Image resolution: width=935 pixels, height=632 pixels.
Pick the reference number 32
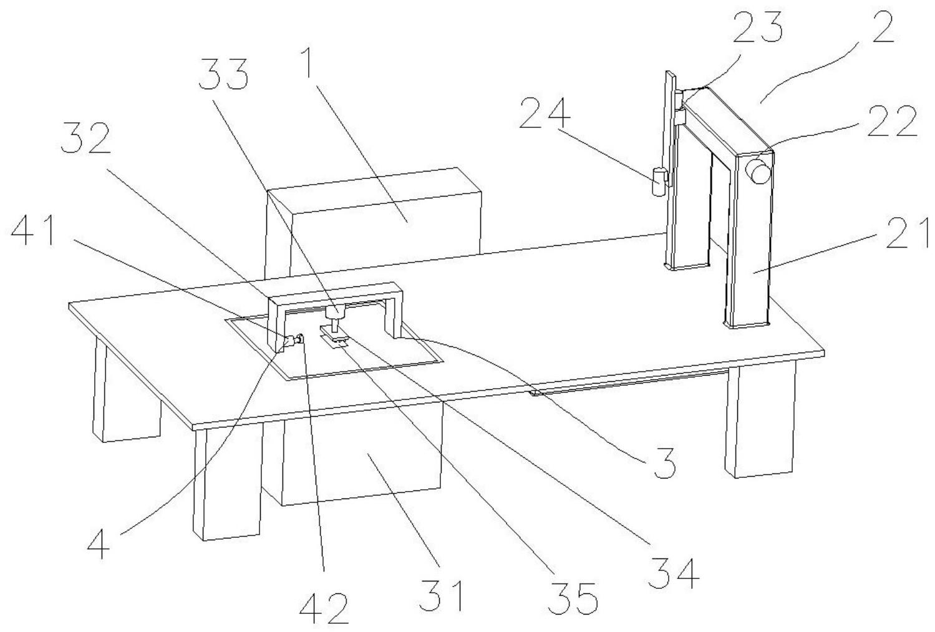[86, 141]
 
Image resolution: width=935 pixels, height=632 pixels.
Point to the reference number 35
[574, 598]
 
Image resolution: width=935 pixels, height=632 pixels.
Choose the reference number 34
[674, 573]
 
